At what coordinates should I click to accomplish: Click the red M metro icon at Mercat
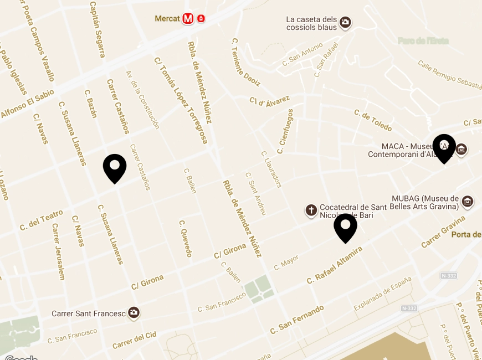click(188, 19)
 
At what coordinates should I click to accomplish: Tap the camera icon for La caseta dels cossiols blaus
click(345, 22)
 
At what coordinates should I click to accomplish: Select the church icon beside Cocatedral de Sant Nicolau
click(311, 210)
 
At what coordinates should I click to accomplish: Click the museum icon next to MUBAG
click(468, 202)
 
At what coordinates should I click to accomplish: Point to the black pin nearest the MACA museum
click(444, 148)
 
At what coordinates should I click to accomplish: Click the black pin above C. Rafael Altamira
click(345, 227)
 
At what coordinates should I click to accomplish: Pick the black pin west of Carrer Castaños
click(115, 168)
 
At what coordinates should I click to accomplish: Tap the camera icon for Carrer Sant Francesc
click(134, 313)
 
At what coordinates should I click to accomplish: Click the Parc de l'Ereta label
click(423, 41)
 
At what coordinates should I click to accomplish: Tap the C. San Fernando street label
click(297, 320)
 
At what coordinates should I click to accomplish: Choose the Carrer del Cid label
click(135, 340)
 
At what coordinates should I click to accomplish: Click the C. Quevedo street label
click(185, 238)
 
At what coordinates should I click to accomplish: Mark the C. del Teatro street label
click(41, 220)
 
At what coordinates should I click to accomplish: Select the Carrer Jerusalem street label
click(58, 251)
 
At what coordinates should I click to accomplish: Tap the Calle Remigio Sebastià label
click(450, 75)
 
